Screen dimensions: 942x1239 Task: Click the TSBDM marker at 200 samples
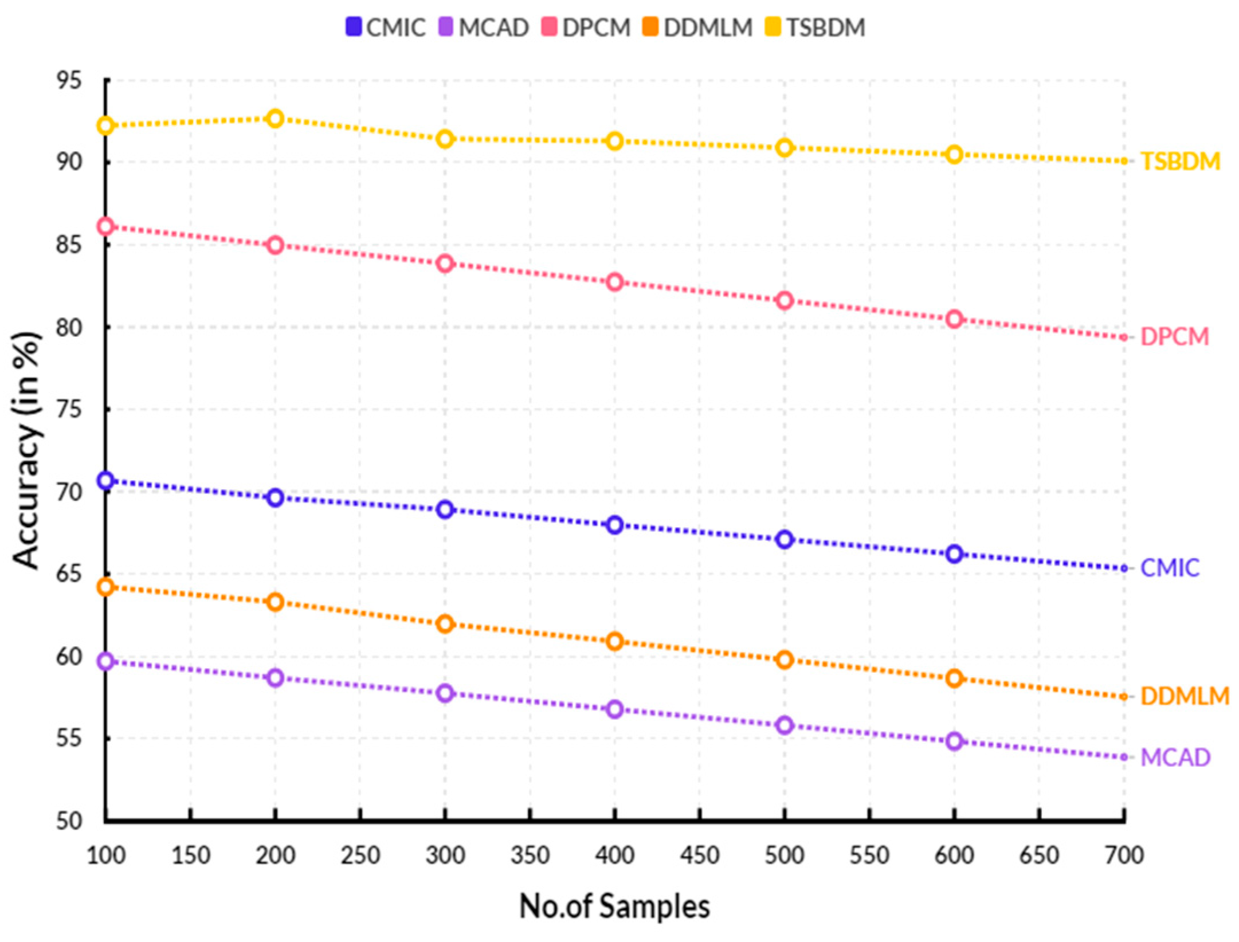coord(276,119)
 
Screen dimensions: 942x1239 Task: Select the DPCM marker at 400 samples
coord(615,282)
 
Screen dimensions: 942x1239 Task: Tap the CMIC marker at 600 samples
coord(954,554)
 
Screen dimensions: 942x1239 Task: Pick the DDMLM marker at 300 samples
coord(445,623)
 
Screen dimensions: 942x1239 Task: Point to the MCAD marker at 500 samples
coord(785,725)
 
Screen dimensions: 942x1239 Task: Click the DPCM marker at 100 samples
coord(106,226)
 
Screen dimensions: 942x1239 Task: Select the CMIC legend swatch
coord(354,27)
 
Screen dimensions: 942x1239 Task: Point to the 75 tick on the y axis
coord(69,410)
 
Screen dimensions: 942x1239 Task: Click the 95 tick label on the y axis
coord(69,81)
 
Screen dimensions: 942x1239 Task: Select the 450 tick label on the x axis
coord(700,855)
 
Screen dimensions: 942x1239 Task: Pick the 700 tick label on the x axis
coord(1124,855)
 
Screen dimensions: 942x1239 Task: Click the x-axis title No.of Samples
coord(614,906)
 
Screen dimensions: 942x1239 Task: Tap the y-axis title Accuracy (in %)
coord(26,450)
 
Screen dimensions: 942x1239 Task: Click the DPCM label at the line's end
coord(1174,336)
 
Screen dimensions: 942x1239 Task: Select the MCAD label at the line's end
coord(1175,757)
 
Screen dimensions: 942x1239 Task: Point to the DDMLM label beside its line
coord(1185,696)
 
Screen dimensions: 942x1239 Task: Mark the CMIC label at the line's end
coord(1170,568)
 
